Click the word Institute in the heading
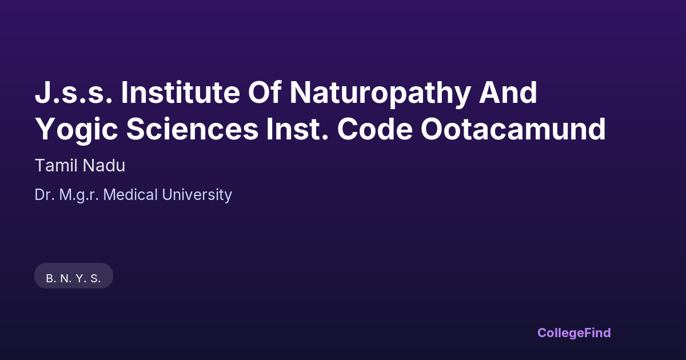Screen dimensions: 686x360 (181, 93)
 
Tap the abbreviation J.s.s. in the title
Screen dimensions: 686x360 (74, 93)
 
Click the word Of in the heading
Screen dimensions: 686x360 (265, 92)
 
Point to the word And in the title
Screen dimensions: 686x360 (508, 92)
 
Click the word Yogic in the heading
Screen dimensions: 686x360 (77, 131)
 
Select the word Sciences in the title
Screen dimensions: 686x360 (192, 129)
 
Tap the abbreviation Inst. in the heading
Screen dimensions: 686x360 (297, 129)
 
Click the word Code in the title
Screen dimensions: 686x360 (375, 129)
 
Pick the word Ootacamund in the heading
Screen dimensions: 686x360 (513, 129)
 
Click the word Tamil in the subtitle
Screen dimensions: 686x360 (56, 165)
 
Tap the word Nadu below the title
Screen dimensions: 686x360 (104, 165)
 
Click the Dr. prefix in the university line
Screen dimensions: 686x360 (45, 195)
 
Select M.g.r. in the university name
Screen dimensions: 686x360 (79, 195)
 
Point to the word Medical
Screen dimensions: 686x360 (130, 195)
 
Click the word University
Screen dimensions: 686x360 (197, 195)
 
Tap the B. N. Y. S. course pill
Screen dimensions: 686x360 (74, 276)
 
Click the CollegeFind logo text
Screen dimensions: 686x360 (574, 333)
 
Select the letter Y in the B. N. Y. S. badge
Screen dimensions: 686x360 (79, 278)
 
